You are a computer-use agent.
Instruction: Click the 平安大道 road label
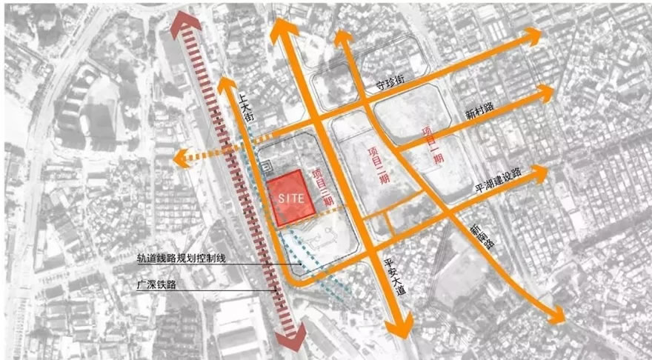(393, 276)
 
